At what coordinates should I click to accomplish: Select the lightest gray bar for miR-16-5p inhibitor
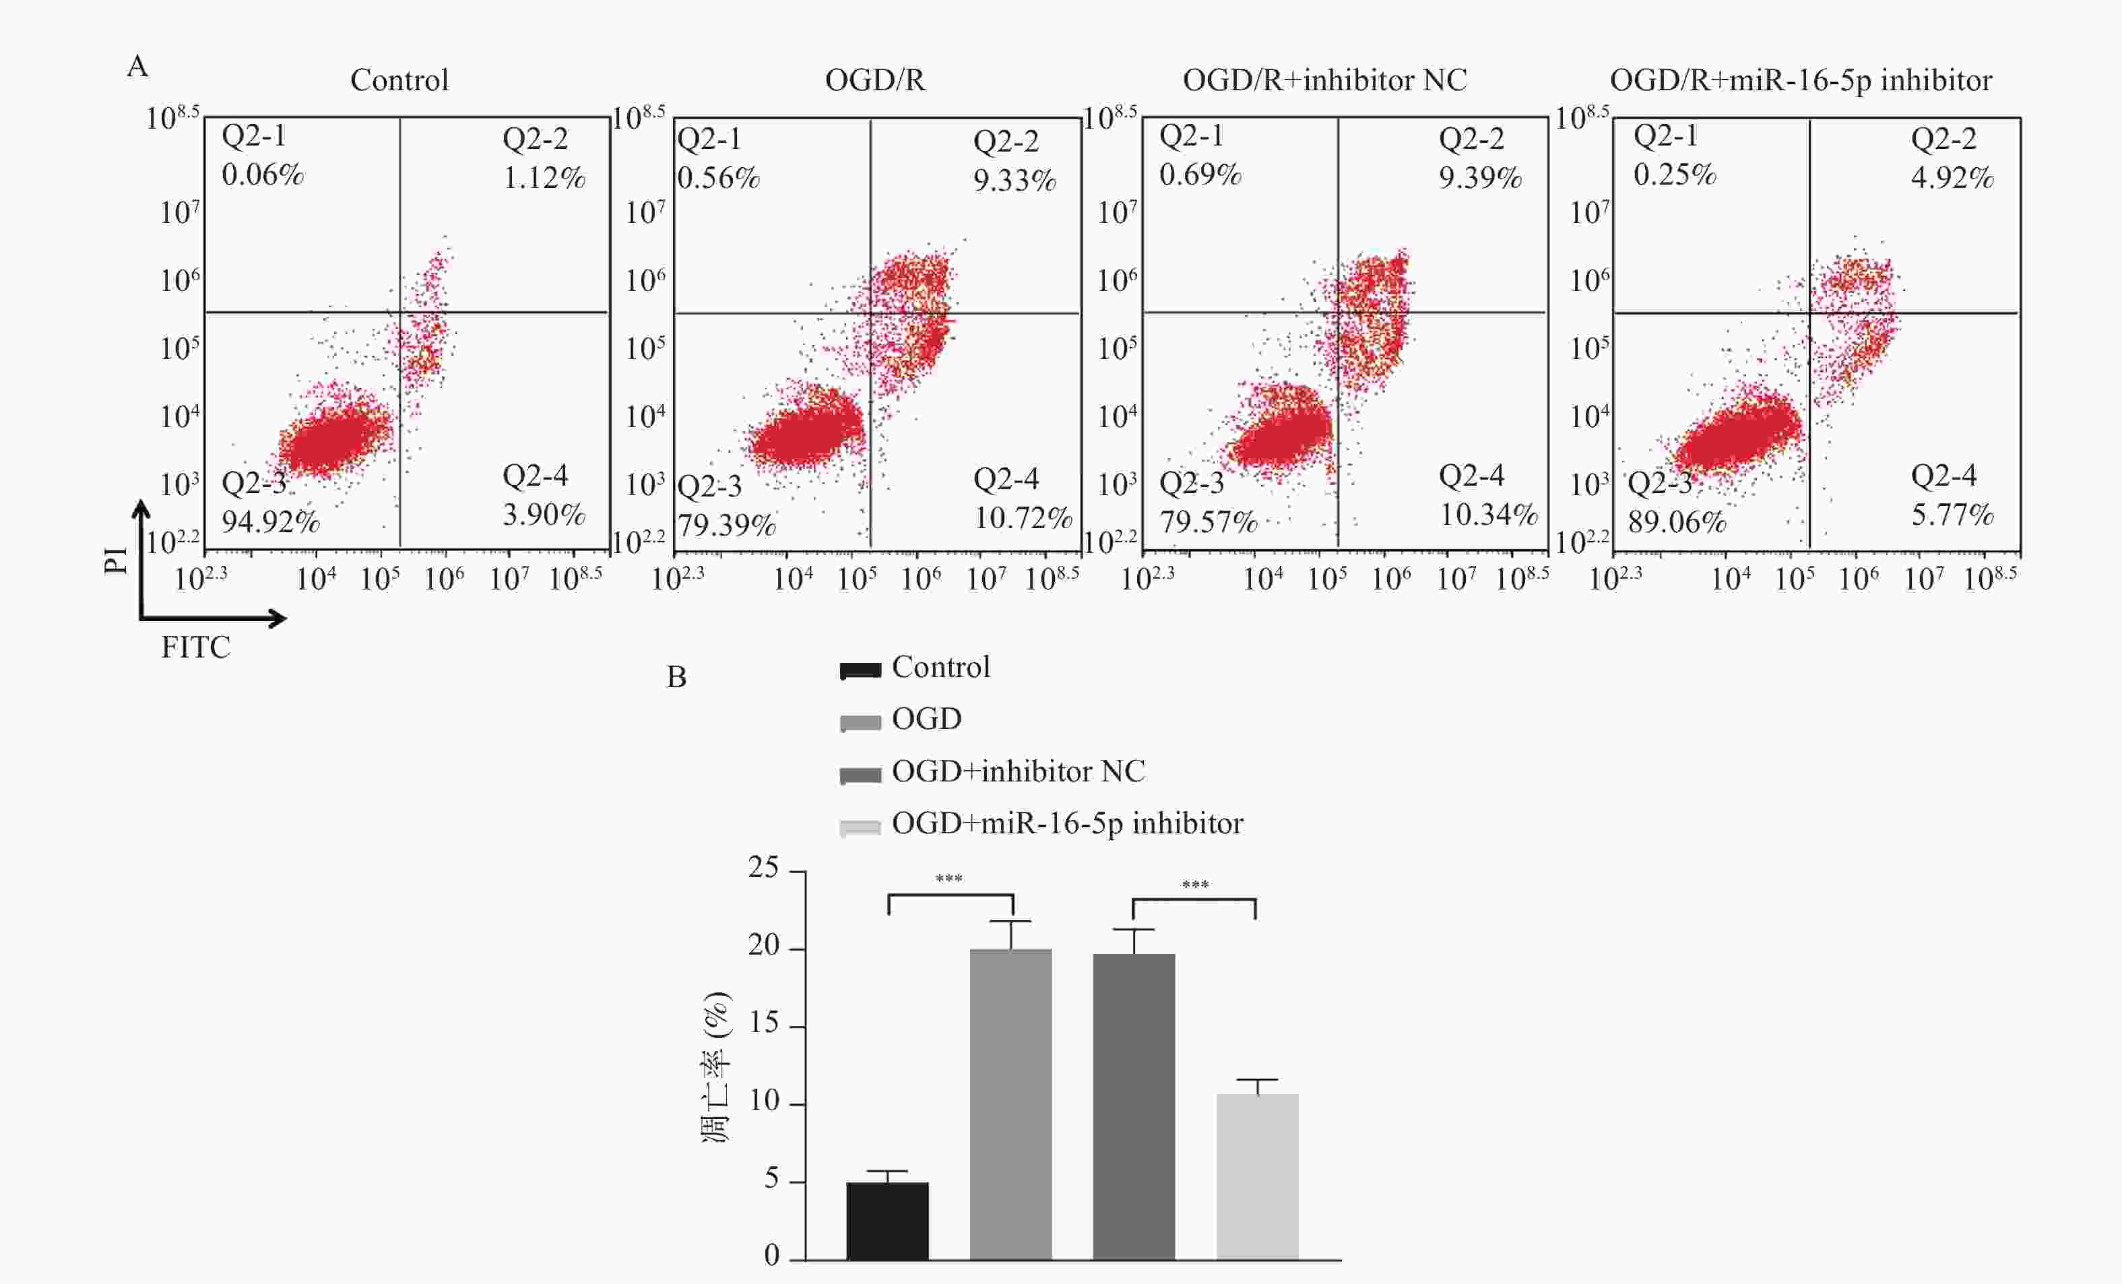(x=1256, y=1176)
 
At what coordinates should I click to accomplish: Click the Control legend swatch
(x=860, y=671)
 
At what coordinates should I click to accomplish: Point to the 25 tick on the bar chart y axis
(x=764, y=867)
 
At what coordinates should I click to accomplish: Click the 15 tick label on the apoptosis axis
(x=764, y=1023)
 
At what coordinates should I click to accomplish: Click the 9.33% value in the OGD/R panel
(x=1015, y=181)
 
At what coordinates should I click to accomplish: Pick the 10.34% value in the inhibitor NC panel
(x=1488, y=515)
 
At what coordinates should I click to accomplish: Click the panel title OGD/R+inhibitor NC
(x=1324, y=80)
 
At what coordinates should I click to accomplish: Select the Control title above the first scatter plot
(x=399, y=80)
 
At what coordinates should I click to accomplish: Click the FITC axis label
(x=195, y=647)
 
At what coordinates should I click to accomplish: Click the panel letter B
(x=676, y=678)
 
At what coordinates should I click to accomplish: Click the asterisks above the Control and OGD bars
(x=949, y=879)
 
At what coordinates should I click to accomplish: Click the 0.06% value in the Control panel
(x=263, y=175)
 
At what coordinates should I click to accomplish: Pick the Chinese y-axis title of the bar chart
(x=717, y=1068)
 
